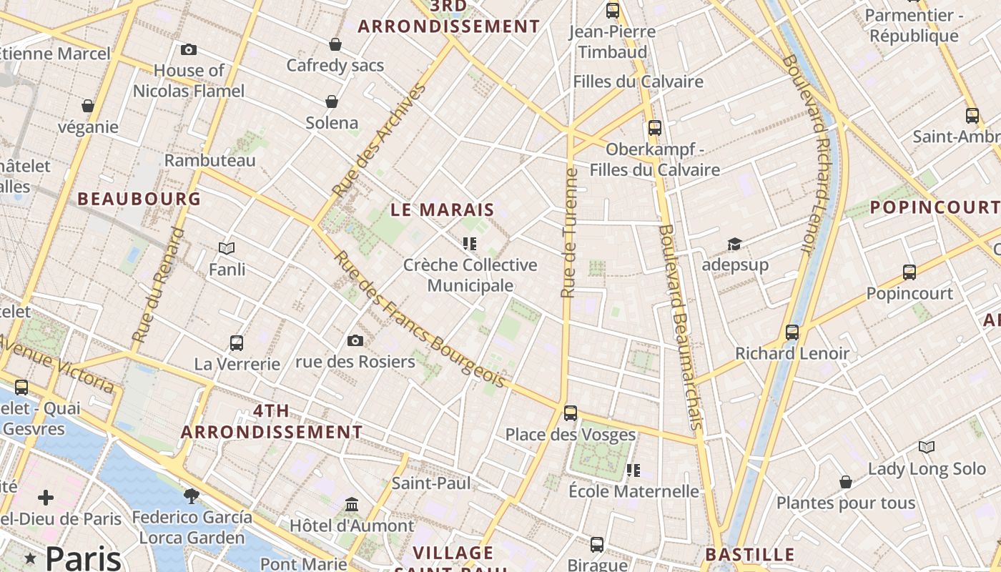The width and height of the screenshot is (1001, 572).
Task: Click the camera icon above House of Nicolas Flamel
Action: (189, 49)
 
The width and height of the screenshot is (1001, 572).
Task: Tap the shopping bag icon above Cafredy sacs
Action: (335, 45)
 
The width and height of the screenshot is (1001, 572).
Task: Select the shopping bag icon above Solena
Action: (332, 102)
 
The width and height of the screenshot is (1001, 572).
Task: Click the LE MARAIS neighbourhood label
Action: (443, 209)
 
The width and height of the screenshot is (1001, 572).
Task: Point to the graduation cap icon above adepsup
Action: (734, 245)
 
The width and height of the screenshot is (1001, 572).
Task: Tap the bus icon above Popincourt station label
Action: (909, 272)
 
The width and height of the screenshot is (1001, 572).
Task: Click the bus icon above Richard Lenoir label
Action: (792, 332)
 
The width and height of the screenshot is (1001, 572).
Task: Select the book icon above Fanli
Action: (227, 248)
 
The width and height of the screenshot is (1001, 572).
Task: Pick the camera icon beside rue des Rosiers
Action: (355, 341)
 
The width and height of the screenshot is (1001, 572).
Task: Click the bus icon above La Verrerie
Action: (237, 343)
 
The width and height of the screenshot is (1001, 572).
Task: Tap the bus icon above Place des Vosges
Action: (570, 413)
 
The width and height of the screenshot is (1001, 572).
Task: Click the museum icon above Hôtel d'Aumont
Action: (351, 505)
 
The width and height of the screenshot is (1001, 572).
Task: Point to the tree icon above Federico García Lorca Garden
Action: (191, 495)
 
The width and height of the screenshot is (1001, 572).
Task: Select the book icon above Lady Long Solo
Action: (927, 448)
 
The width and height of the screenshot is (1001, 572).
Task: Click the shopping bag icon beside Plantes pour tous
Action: (846, 482)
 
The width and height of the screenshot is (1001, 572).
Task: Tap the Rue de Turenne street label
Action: (569, 233)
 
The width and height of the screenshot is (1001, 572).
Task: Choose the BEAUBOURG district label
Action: (139, 199)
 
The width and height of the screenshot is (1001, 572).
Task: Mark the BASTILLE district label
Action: (749, 555)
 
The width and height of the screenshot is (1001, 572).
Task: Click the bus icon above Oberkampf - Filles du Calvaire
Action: (654, 128)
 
